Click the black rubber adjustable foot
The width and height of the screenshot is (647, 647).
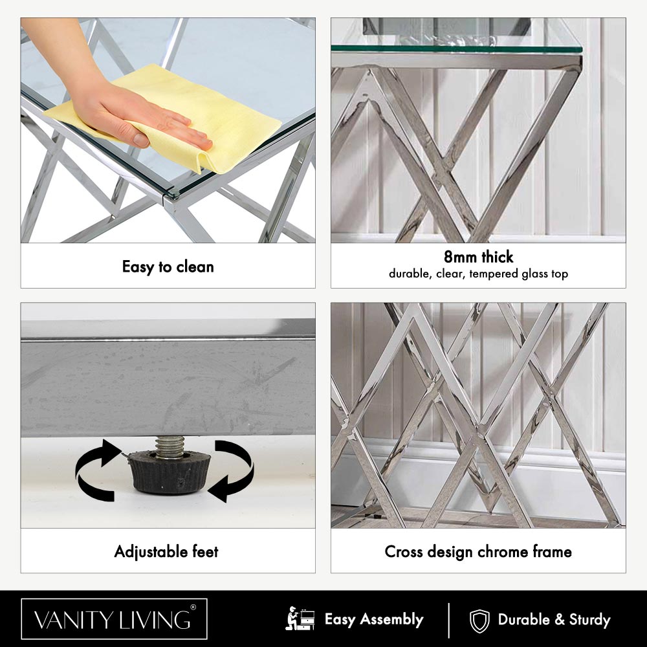169,472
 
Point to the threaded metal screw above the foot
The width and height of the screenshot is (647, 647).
169,446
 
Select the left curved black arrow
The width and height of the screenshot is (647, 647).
98,470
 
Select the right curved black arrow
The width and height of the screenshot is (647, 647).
234,470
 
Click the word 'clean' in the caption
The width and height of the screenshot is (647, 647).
195,267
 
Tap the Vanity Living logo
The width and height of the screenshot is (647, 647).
115,619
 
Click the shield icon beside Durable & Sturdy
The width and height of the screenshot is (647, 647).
479,620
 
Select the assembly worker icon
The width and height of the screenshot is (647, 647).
300,619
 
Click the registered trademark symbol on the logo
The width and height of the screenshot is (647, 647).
193,608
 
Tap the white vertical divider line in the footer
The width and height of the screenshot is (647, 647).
448,620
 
